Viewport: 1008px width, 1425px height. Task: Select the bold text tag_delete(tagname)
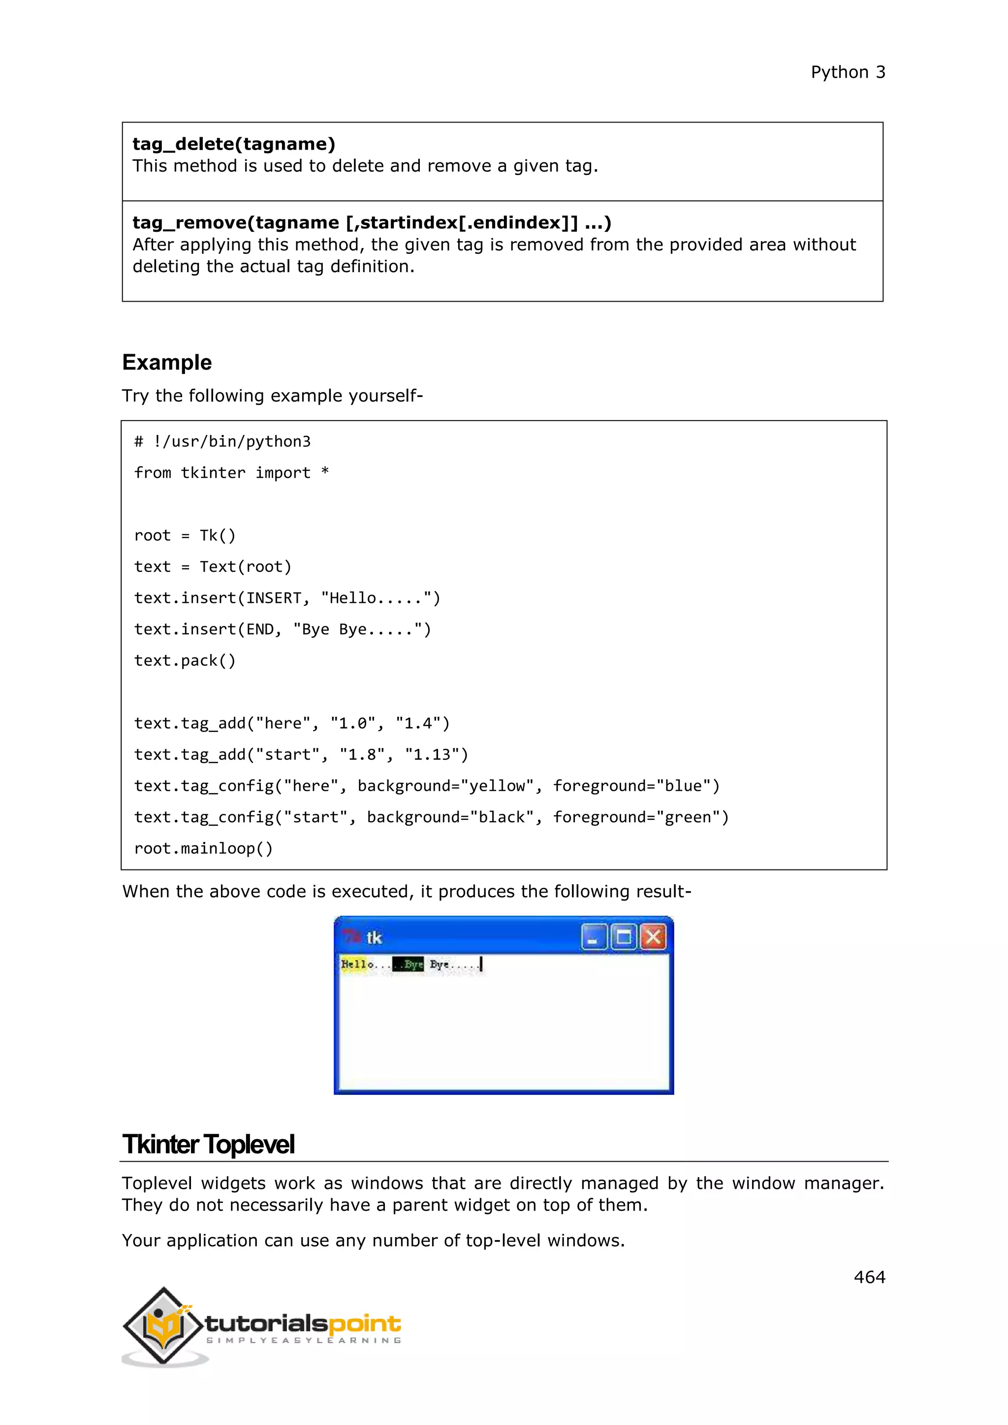click(233, 144)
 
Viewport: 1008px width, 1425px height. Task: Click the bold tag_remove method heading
click(371, 222)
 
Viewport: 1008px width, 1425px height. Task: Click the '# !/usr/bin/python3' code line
click(221, 441)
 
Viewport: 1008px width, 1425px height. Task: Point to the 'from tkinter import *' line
click(231, 473)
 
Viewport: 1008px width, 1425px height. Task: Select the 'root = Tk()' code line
click(185, 536)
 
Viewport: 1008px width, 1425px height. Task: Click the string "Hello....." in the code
click(376, 598)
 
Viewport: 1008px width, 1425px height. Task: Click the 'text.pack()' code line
click(185, 660)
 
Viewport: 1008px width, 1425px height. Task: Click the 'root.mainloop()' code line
click(203, 848)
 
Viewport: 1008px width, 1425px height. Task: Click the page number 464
click(869, 1277)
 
